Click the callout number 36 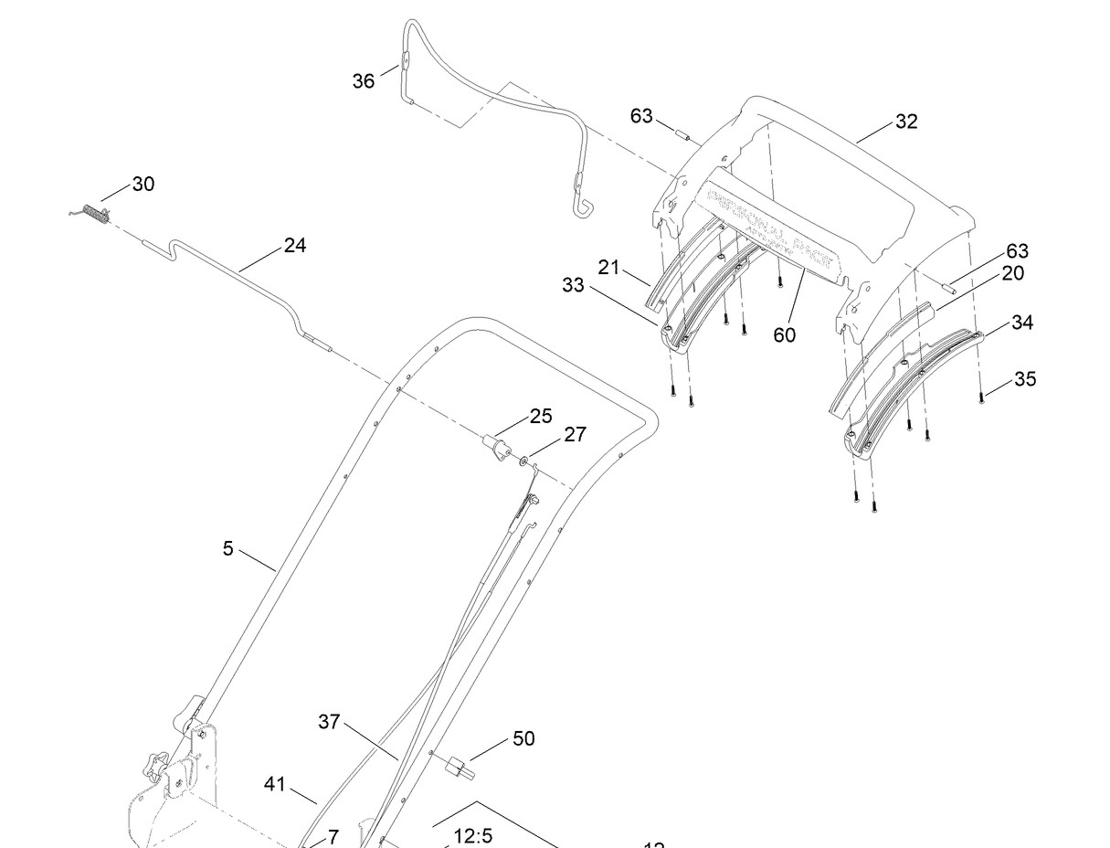[363, 81]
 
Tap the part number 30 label [143, 184]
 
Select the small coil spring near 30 [92, 213]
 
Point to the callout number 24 [294, 245]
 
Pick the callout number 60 [784, 334]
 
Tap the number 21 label [609, 267]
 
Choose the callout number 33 [573, 285]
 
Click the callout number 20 [1012, 272]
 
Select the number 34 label [1021, 322]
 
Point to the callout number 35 [1025, 378]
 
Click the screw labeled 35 [982, 397]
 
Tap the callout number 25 [541, 416]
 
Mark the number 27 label [575, 434]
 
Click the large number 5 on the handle [228, 548]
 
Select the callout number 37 [329, 722]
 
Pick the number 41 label [275, 784]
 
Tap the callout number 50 [523, 738]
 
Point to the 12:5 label [473, 835]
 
